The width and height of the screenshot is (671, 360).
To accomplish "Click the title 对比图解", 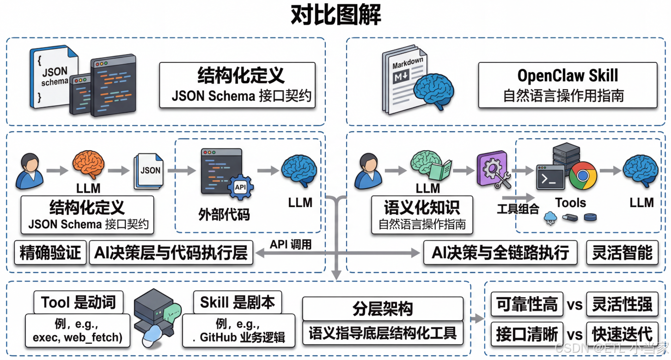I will (x=336, y=16).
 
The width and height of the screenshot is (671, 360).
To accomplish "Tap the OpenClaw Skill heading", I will (x=567, y=75).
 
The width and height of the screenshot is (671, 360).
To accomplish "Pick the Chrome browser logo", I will (x=583, y=176).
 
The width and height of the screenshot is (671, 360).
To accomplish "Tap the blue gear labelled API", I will (x=240, y=188).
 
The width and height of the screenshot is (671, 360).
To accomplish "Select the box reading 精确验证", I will (x=50, y=252).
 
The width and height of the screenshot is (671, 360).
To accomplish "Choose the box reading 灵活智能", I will (x=622, y=252).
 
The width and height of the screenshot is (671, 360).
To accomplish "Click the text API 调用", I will (x=291, y=244).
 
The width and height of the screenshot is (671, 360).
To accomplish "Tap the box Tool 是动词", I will (x=78, y=303).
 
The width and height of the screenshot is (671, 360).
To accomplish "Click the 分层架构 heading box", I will (x=382, y=309).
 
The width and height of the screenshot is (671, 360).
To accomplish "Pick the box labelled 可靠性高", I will (x=526, y=304).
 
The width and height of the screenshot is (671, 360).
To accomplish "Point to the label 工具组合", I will (x=518, y=209).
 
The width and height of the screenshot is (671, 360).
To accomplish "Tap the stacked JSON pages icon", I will (x=149, y=171).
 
